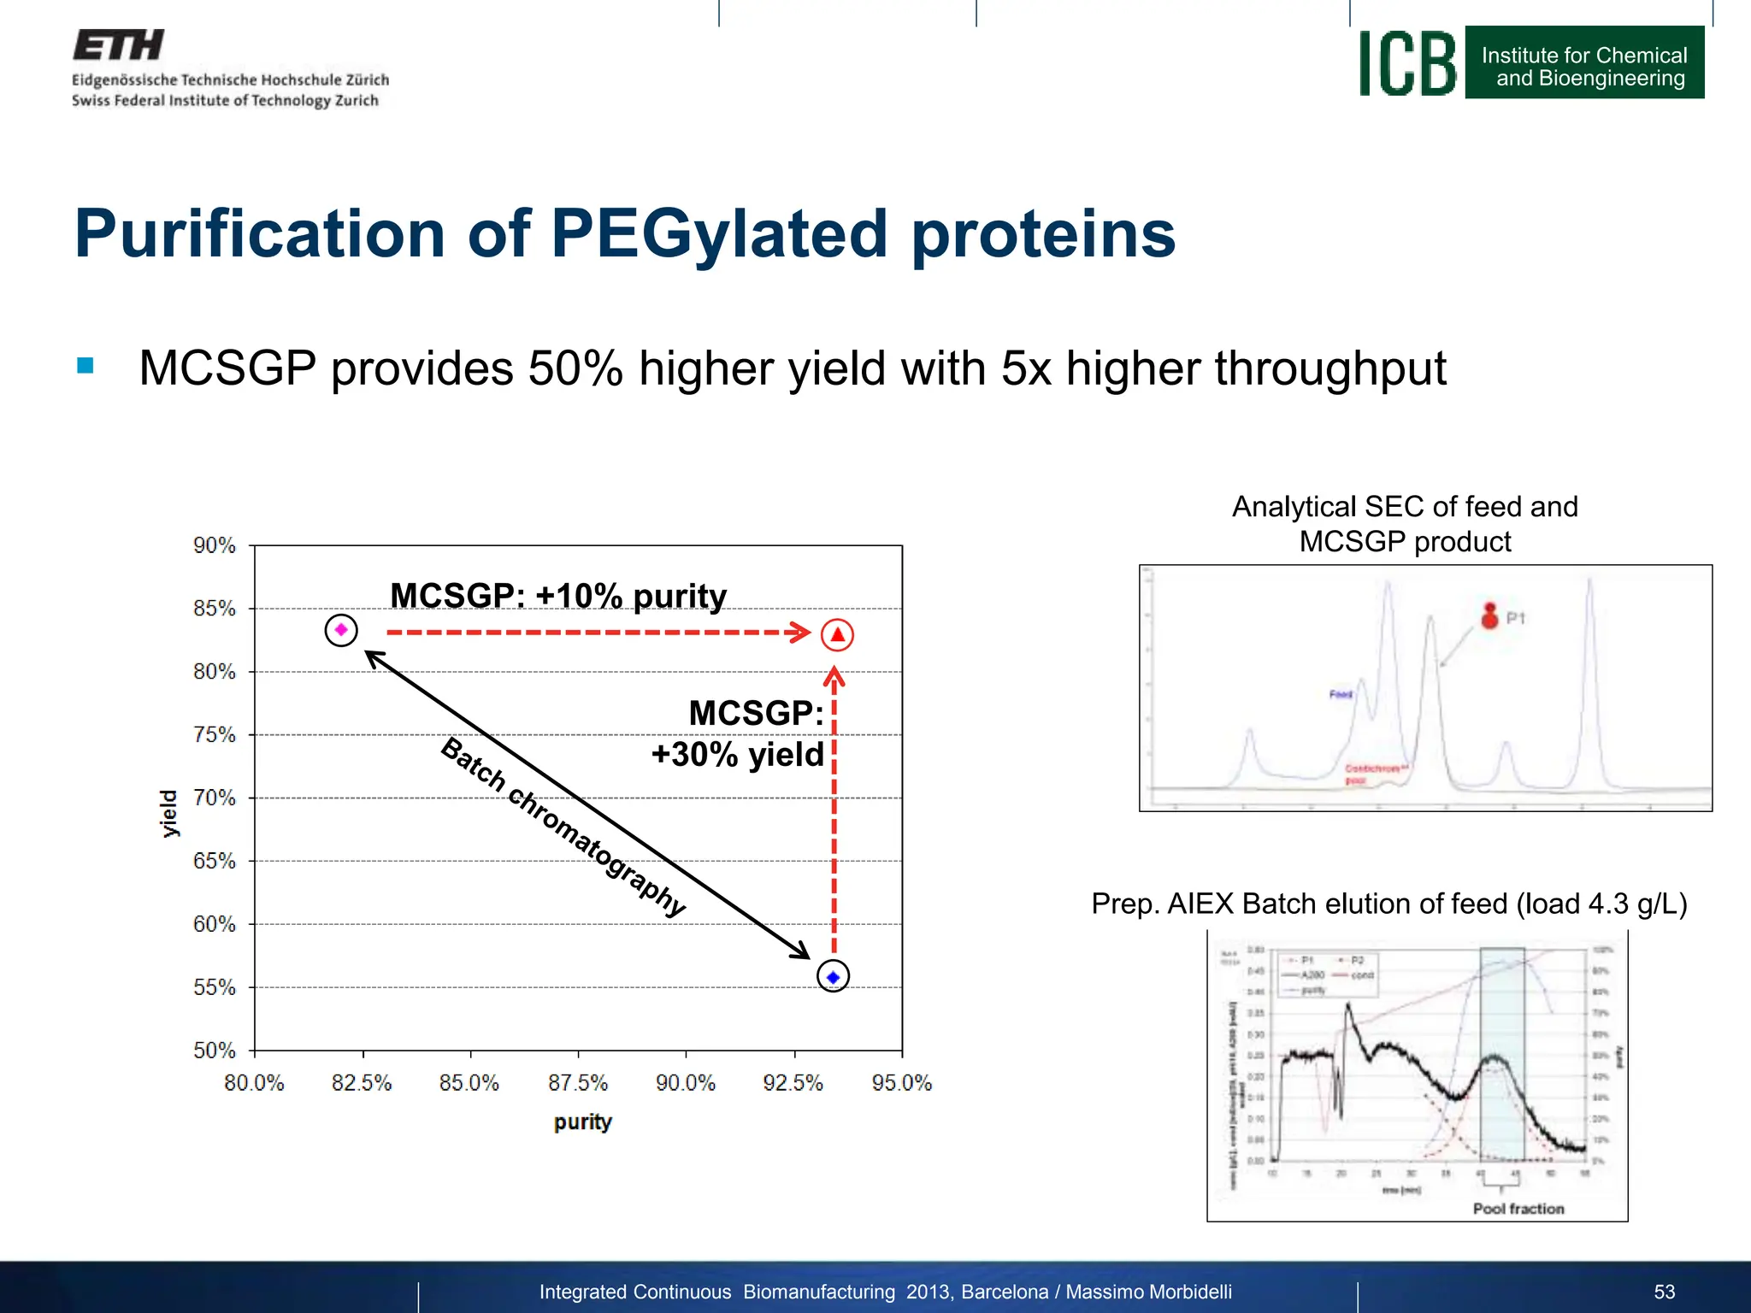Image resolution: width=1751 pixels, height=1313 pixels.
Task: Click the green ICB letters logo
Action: [x=1407, y=63]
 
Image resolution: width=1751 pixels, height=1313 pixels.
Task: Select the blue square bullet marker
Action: [x=85, y=366]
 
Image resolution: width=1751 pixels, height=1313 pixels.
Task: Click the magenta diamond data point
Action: [x=341, y=630]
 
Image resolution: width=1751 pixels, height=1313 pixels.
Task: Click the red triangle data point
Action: [x=837, y=635]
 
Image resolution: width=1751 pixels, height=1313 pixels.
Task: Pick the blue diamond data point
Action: [x=833, y=976]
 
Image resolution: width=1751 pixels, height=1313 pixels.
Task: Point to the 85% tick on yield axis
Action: [x=214, y=609]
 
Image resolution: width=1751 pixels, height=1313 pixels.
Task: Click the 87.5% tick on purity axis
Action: [x=578, y=1083]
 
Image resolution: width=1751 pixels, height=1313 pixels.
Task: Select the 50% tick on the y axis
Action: [x=214, y=1051]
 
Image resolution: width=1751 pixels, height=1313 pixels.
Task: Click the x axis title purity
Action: [x=582, y=1122]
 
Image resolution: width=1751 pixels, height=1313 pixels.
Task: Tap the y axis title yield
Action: [x=169, y=813]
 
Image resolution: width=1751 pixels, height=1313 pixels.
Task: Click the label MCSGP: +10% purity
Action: [x=557, y=596]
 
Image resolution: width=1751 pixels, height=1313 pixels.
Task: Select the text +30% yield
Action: [x=737, y=755]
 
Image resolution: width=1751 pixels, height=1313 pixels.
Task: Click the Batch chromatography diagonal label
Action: [x=563, y=826]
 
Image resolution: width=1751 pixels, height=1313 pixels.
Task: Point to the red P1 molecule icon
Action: [x=1489, y=615]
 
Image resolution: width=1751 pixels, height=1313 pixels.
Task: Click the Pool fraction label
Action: [x=1518, y=1209]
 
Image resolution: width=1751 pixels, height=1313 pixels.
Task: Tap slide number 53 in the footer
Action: [x=1664, y=1292]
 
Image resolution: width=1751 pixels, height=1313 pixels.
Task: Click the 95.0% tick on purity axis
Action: [x=901, y=1083]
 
